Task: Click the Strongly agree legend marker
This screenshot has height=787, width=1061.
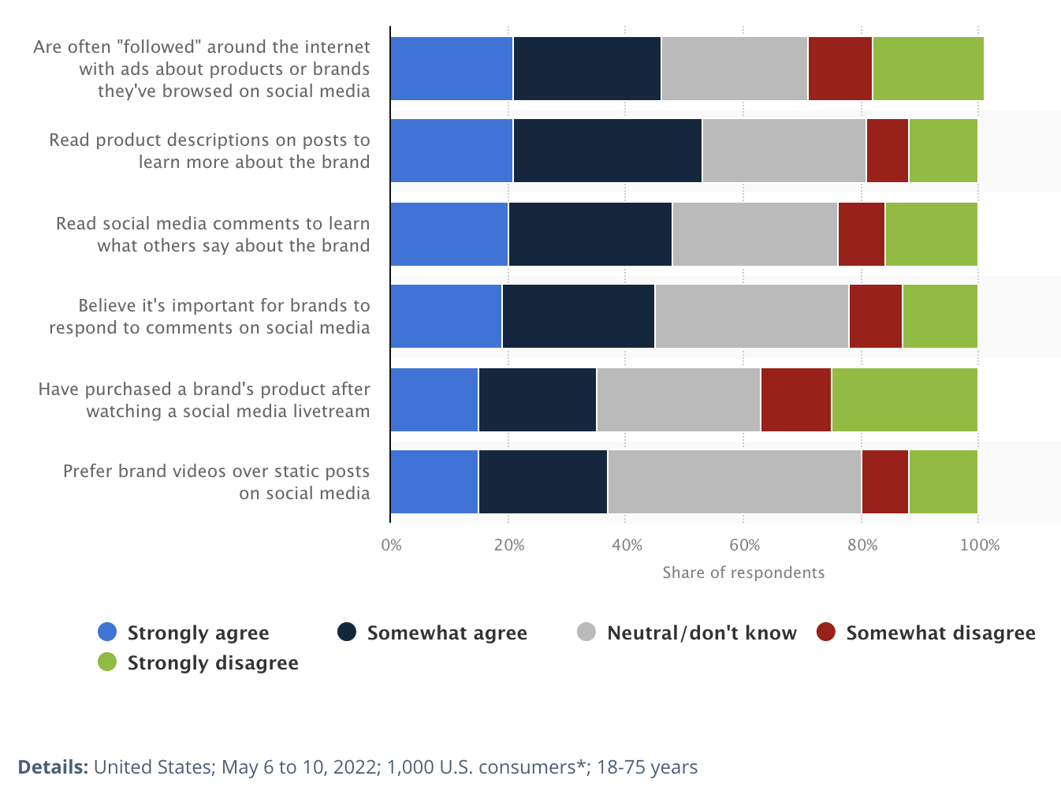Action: (107, 632)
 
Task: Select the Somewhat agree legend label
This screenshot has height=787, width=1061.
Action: (446, 633)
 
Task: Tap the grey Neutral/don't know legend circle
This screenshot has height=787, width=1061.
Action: (586, 632)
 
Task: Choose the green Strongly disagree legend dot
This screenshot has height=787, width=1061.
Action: (107, 662)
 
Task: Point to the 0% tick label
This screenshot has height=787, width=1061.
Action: (391, 545)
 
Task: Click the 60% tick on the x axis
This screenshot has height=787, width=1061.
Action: (744, 545)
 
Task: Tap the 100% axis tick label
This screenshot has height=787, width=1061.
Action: (979, 545)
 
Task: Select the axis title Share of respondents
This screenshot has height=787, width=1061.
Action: (743, 573)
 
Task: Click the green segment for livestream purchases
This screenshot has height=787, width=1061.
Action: (904, 400)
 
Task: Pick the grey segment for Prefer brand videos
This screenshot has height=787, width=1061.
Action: (734, 482)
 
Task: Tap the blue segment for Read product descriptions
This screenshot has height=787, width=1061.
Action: (451, 151)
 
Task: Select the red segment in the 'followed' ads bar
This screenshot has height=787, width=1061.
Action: (839, 69)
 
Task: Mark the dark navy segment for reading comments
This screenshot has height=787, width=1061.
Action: (590, 234)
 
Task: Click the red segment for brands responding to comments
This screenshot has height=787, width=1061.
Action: (875, 316)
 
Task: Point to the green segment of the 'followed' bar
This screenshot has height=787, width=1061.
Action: (928, 69)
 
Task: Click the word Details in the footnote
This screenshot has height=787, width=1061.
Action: (52, 767)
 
